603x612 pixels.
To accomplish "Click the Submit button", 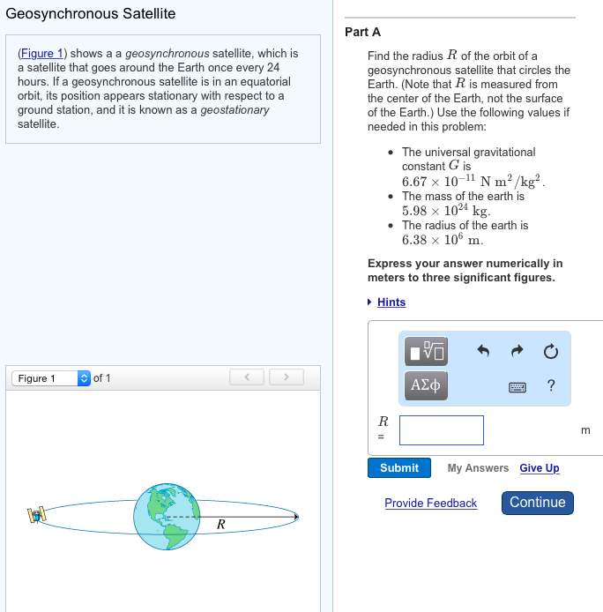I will [x=399, y=468].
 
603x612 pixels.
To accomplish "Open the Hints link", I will [x=391, y=302].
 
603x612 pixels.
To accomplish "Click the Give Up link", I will [x=540, y=468].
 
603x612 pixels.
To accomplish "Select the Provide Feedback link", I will [x=430, y=504].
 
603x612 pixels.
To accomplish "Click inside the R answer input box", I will [x=441, y=430].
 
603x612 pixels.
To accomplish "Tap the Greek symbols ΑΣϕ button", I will [x=425, y=385].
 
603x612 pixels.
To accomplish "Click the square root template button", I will [x=425, y=353].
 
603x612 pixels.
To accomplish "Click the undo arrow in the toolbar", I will [x=483, y=352].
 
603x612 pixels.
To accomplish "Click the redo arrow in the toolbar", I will [x=517, y=352].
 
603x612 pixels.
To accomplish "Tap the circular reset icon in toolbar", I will [x=551, y=353].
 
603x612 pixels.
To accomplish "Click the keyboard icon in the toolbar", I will [x=517, y=386].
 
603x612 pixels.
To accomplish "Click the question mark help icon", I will [x=551, y=385].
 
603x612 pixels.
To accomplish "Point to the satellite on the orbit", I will [x=37, y=514].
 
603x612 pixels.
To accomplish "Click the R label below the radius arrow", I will [x=220, y=526].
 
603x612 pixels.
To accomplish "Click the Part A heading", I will [x=362, y=32].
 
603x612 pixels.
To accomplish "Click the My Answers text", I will [x=478, y=468].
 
